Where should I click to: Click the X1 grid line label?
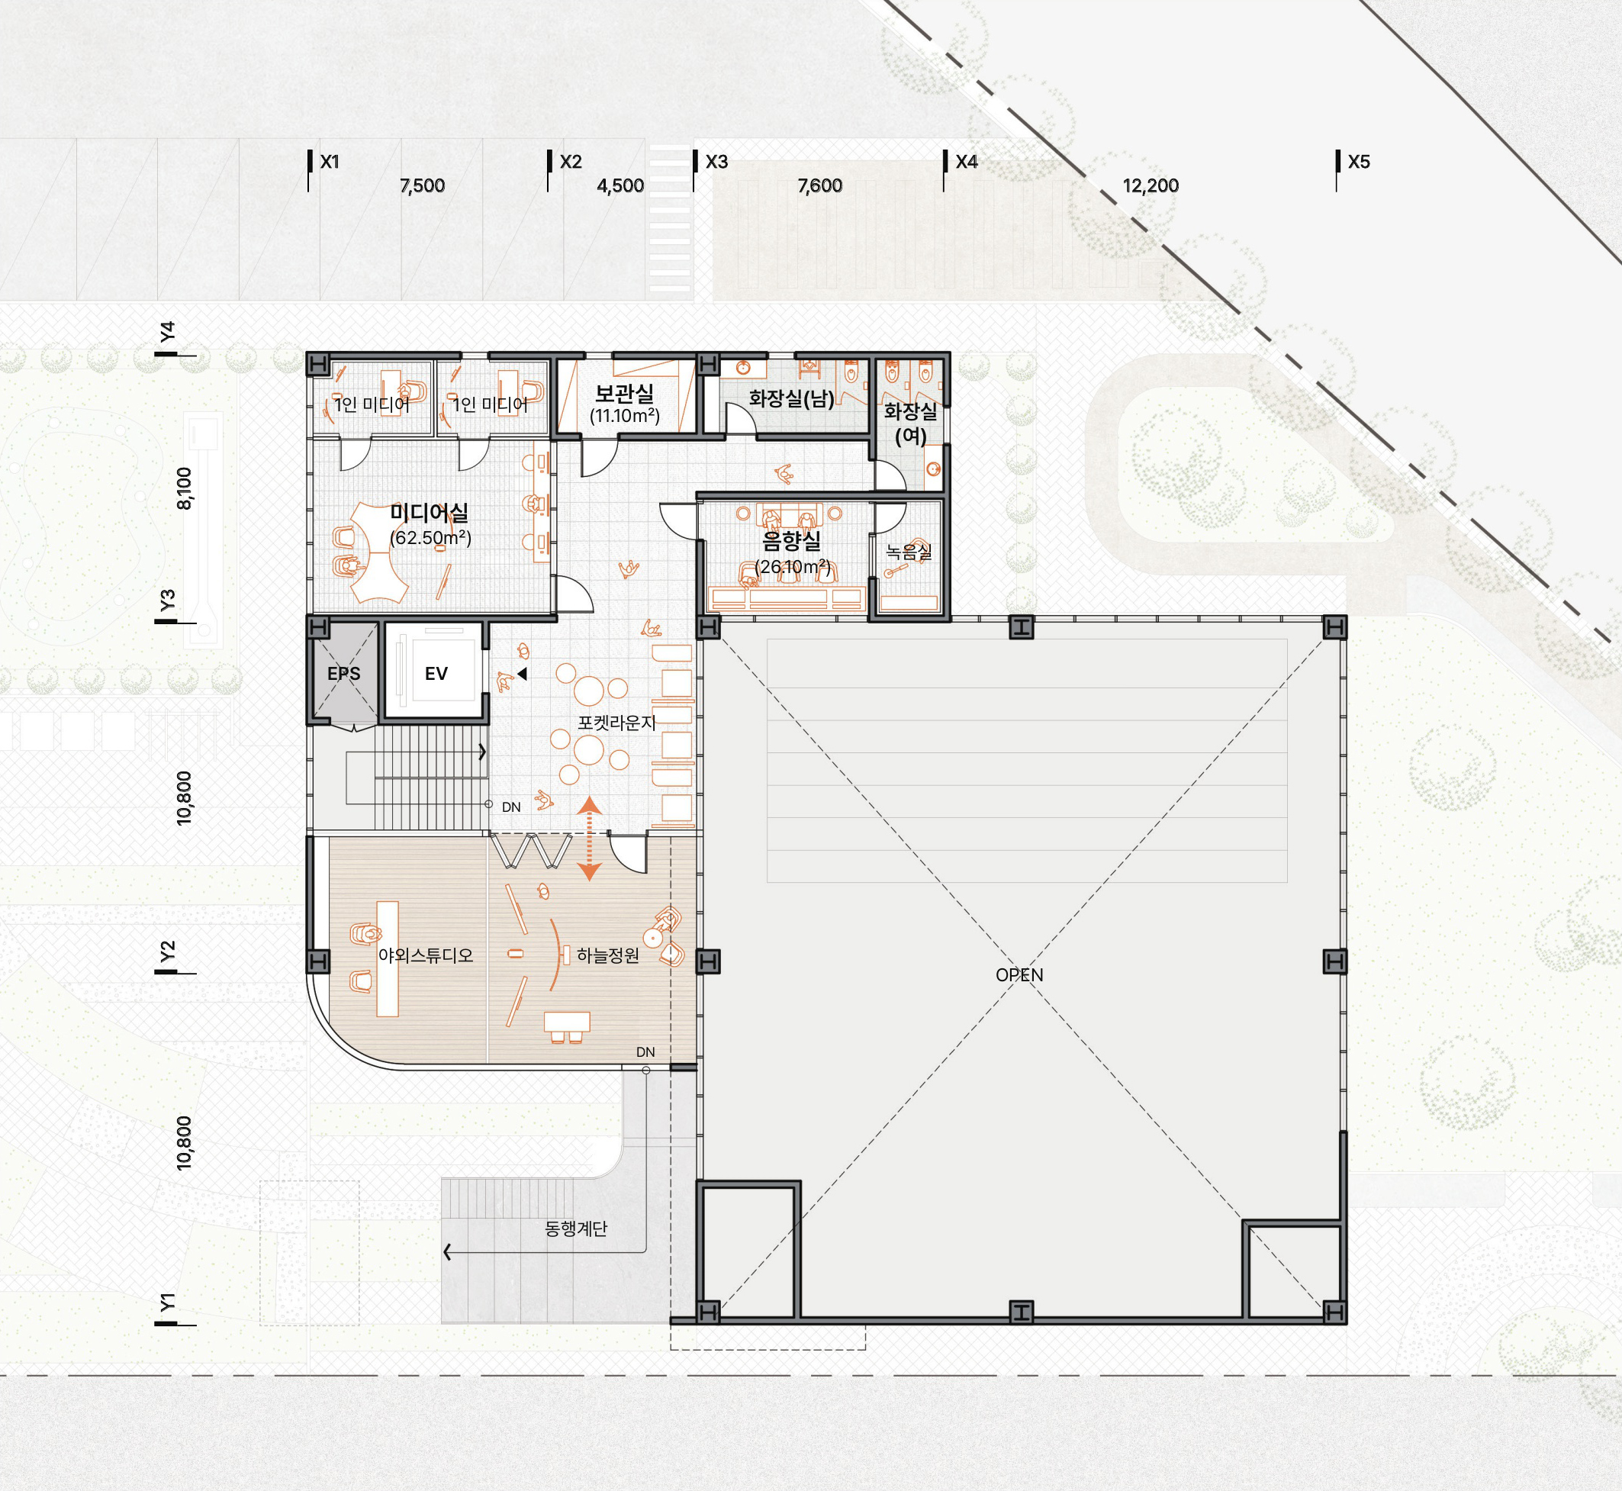point(330,163)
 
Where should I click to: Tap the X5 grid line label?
point(1359,163)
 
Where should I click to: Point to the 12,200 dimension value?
point(1151,186)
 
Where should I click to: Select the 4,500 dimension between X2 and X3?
point(620,186)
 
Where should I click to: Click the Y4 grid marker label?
point(167,332)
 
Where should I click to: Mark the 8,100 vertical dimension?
point(185,488)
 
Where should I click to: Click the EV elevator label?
point(436,674)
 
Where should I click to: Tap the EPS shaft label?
point(343,674)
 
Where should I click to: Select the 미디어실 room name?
point(429,512)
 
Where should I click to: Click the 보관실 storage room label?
point(624,394)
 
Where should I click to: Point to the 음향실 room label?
point(792,541)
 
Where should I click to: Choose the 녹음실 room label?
point(909,552)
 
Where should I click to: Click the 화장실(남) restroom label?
point(792,398)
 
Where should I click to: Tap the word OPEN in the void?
point(1019,974)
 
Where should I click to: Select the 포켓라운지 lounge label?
point(617,723)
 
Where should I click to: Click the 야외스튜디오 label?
point(426,955)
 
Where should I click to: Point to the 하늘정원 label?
point(608,955)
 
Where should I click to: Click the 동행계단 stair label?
point(576,1228)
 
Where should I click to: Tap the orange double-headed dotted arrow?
point(590,839)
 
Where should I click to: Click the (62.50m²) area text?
point(431,537)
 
